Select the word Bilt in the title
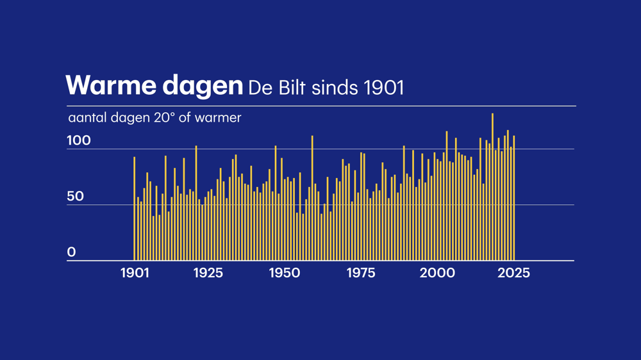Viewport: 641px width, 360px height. pos(291,87)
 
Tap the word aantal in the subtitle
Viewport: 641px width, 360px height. pos(87,118)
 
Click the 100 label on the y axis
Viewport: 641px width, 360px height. pos(79,140)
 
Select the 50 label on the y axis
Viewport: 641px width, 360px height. pos(75,196)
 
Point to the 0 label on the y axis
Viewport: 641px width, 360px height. pos(71,252)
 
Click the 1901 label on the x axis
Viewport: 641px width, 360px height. pos(135,273)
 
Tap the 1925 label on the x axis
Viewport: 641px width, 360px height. pos(208,273)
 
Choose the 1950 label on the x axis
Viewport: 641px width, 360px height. pos(284,273)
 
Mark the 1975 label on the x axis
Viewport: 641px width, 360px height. pos(361,273)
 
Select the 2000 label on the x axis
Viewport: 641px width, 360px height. pos(437,273)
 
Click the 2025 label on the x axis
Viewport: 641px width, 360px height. pos(513,273)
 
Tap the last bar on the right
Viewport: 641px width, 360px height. pos(514,199)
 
